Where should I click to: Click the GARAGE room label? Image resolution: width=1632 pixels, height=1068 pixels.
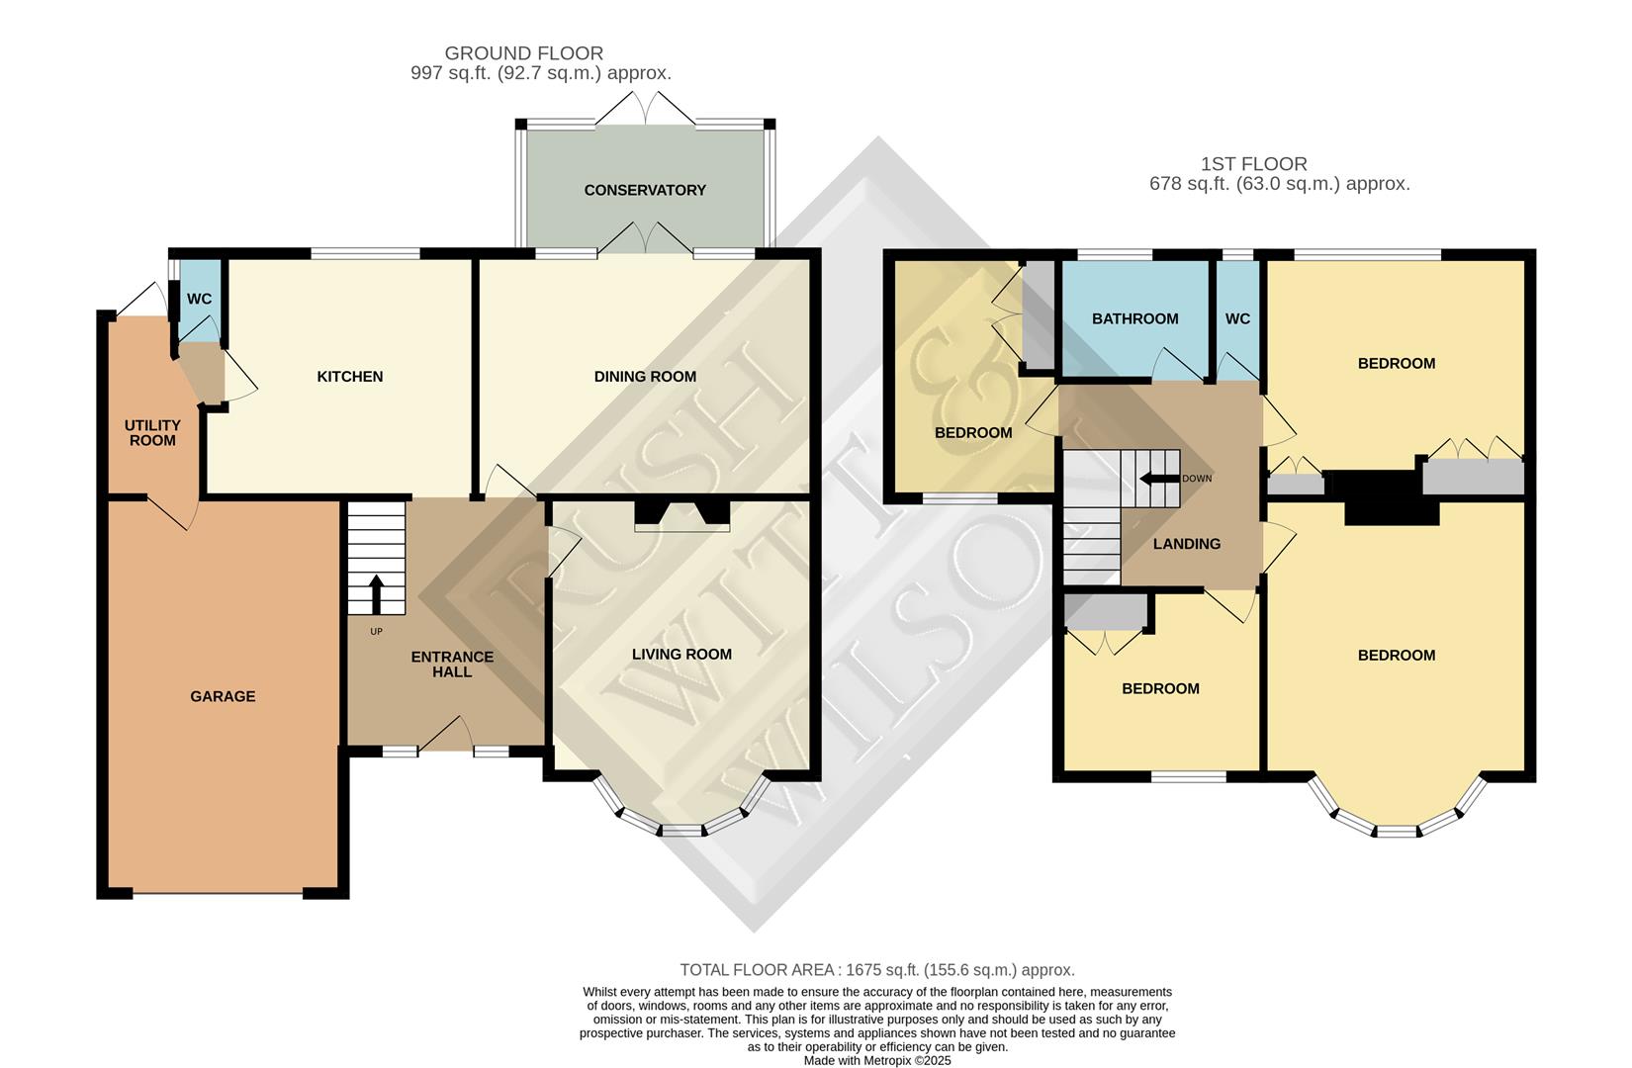tap(223, 696)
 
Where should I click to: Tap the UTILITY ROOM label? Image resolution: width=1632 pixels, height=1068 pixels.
tap(152, 433)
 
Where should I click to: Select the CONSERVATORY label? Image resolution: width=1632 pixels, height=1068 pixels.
tap(645, 190)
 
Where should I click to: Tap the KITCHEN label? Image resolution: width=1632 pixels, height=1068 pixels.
tap(349, 377)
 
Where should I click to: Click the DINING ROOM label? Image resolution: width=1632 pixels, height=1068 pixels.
tap(645, 377)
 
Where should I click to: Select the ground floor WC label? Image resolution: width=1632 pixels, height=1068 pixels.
tap(199, 299)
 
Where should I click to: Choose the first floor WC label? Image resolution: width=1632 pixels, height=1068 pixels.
tap(1237, 318)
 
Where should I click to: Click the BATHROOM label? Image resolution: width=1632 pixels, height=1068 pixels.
tap(1134, 318)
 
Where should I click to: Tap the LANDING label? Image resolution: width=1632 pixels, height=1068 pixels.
tap(1186, 544)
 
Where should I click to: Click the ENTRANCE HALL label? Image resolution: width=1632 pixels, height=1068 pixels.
tap(452, 665)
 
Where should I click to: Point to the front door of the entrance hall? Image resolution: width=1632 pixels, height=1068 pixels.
tap(446, 737)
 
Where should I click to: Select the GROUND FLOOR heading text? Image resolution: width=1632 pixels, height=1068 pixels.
tap(523, 53)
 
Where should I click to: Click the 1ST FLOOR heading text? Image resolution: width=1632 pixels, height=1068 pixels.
tap(1253, 164)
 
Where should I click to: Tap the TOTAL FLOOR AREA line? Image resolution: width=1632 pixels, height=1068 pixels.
tap(876, 970)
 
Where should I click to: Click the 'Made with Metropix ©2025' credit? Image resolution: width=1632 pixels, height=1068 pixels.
tap(876, 1060)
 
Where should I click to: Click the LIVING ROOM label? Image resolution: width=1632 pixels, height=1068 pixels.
tap(681, 654)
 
